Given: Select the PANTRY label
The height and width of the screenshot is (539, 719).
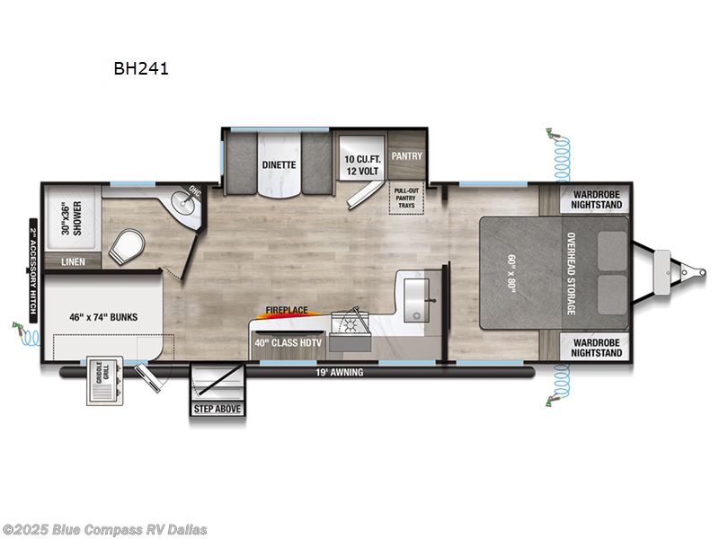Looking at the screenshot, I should (406, 155).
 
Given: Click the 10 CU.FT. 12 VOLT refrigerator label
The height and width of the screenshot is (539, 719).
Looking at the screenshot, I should (363, 165).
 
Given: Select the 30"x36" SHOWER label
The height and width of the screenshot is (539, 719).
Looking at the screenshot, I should (60, 216).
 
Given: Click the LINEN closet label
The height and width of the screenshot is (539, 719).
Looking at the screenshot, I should (72, 262).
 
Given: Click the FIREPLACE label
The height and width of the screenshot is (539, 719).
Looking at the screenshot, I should (286, 311).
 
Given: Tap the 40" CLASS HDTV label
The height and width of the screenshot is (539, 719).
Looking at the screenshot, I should (288, 341).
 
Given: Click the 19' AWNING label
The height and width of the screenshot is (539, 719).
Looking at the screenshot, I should (338, 372).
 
